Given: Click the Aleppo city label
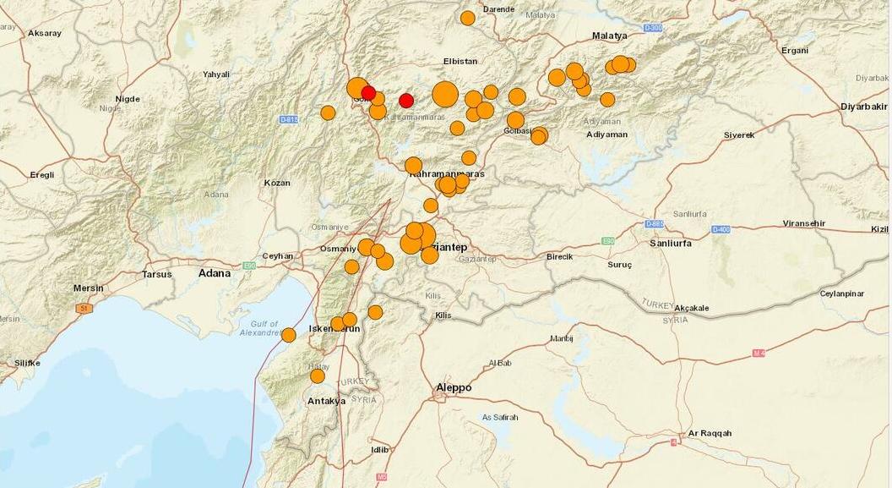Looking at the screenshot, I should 454,388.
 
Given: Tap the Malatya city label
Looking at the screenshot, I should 609,36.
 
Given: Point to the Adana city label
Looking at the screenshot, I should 215,273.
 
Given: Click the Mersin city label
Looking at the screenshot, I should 88,288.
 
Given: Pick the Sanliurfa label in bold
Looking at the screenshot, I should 670,243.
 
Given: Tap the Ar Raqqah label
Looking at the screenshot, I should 710,434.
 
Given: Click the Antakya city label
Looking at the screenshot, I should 327,401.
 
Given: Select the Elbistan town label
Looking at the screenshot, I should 460,61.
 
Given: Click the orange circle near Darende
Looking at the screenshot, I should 468,18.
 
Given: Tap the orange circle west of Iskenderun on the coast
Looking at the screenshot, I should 289,335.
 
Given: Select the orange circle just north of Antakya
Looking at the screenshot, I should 318,376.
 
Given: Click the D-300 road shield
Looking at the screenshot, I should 653,28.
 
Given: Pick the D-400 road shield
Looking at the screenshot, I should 721,229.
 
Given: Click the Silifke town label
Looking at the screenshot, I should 27,363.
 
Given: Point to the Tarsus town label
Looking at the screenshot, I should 156,274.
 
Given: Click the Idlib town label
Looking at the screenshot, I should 380,450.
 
